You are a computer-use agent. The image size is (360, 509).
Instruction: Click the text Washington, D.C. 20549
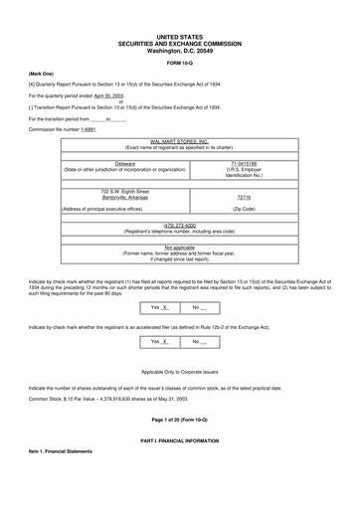(179, 49)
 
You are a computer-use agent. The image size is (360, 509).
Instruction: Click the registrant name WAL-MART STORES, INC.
(179, 143)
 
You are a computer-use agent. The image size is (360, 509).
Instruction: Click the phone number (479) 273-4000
(179, 225)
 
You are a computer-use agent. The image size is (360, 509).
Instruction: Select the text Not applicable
(179, 247)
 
